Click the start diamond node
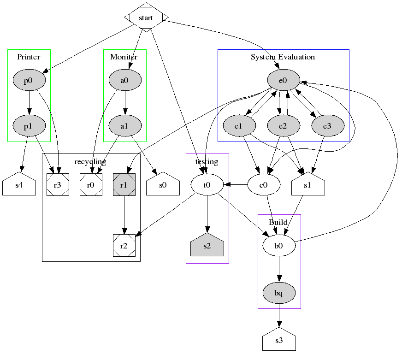click(146, 18)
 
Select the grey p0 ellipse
click(29, 81)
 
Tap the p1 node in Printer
click(29, 125)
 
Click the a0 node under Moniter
click(124, 81)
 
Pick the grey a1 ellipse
click(124, 125)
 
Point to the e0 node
click(283, 81)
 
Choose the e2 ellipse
click(283, 125)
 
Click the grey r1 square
click(124, 185)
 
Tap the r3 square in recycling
click(58, 185)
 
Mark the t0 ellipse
click(207, 185)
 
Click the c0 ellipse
click(264, 185)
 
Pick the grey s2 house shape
click(207, 246)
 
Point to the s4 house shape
click(19, 186)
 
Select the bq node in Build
click(278, 293)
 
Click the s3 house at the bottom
click(278, 341)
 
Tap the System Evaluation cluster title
click(283, 57)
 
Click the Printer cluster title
click(29, 57)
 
